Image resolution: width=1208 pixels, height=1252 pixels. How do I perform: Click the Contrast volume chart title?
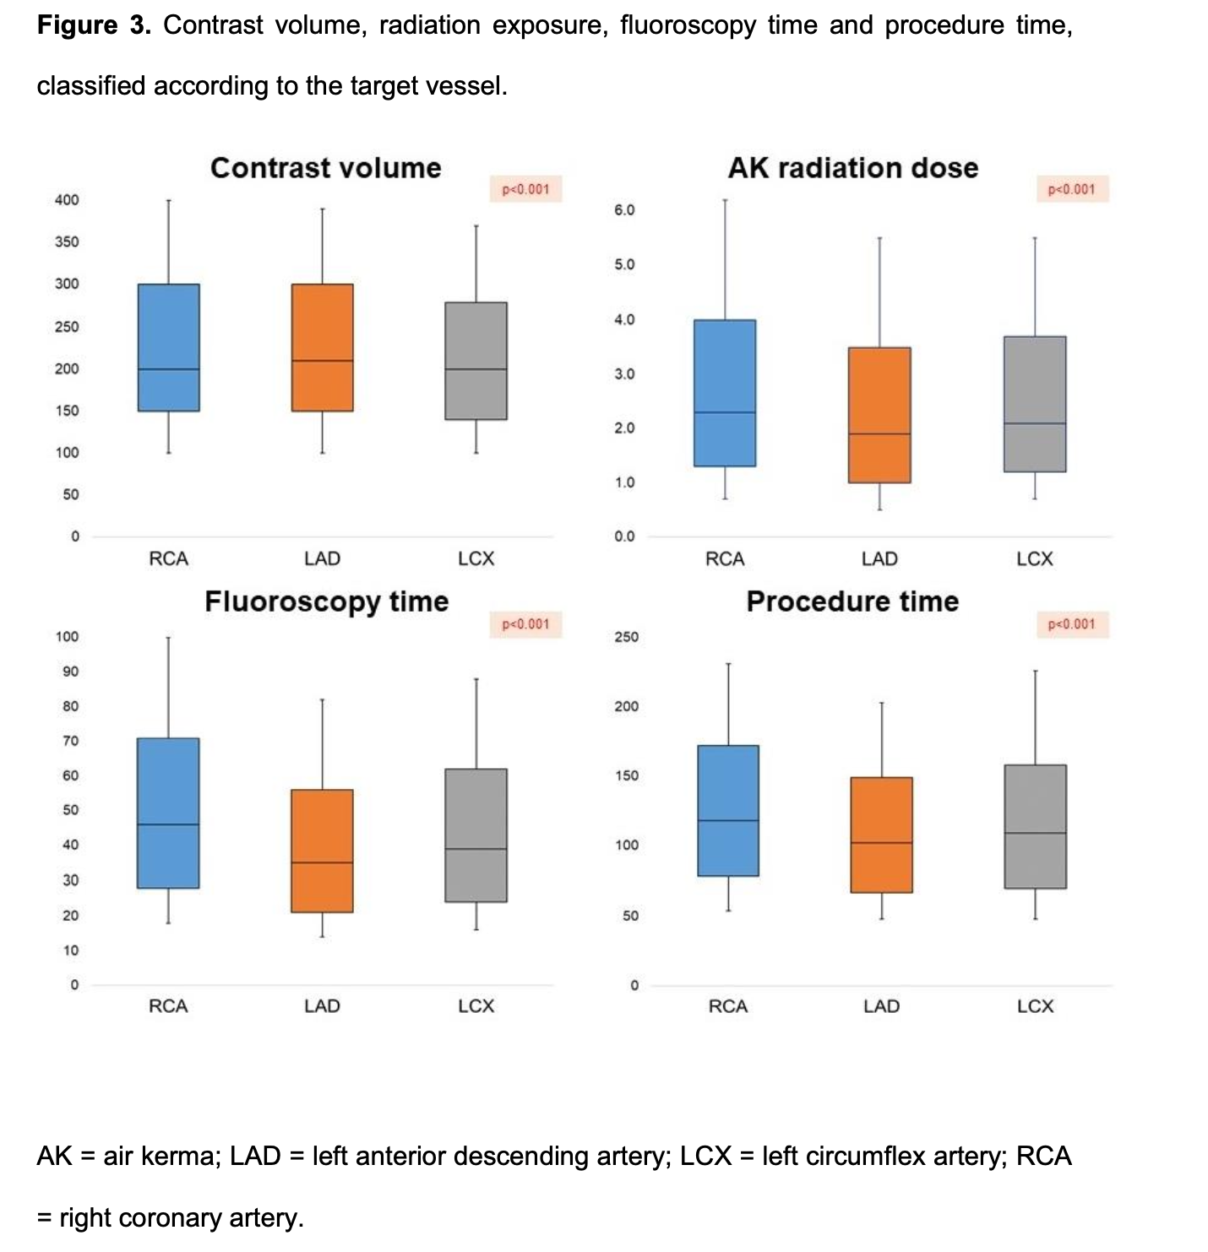pyautogui.click(x=325, y=167)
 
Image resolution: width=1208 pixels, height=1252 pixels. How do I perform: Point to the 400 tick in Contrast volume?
pyautogui.click(x=67, y=200)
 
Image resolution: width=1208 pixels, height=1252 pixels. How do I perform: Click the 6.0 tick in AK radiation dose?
pyautogui.click(x=624, y=210)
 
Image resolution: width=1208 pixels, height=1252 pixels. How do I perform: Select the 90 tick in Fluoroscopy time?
pyautogui.click(x=70, y=672)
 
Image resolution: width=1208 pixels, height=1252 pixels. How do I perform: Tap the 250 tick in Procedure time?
pyautogui.click(x=627, y=637)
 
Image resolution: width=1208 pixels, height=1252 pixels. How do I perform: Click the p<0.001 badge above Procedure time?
pyautogui.click(x=1071, y=624)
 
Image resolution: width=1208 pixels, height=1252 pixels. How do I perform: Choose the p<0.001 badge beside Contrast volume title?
pyautogui.click(x=525, y=189)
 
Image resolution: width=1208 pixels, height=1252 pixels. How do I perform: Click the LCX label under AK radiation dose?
pyautogui.click(x=1035, y=558)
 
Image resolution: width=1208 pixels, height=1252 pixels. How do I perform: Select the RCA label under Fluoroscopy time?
pyautogui.click(x=168, y=1006)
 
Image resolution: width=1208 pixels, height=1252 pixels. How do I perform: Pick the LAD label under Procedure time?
pyautogui.click(x=881, y=1006)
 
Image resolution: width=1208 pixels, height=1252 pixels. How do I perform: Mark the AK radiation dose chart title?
pyautogui.click(x=853, y=167)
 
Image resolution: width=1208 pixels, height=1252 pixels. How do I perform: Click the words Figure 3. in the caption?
pyautogui.click(x=94, y=25)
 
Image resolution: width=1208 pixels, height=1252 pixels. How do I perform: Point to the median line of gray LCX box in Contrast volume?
pyautogui.click(x=476, y=369)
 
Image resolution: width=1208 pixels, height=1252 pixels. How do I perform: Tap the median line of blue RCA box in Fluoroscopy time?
pyautogui.click(x=169, y=824)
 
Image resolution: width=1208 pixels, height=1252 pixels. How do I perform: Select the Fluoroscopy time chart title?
pyautogui.click(x=327, y=602)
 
